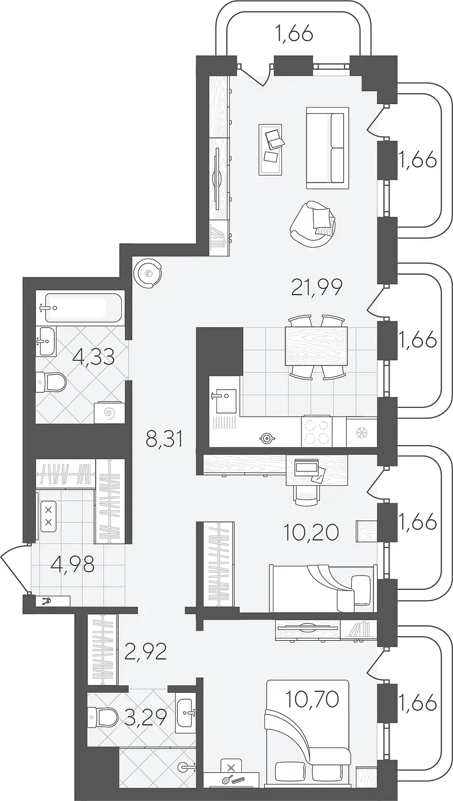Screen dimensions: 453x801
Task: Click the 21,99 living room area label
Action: [x=317, y=287]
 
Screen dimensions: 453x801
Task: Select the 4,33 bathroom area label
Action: [x=93, y=356]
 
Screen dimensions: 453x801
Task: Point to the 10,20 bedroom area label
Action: [x=311, y=533]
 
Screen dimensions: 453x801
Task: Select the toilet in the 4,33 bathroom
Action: [x=51, y=383]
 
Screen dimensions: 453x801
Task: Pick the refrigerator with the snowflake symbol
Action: [x=361, y=433]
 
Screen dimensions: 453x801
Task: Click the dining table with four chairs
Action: [x=316, y=346]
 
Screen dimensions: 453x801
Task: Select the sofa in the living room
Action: [x=327, y=148]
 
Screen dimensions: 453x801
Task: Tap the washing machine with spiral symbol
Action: [x=109, y=413]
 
